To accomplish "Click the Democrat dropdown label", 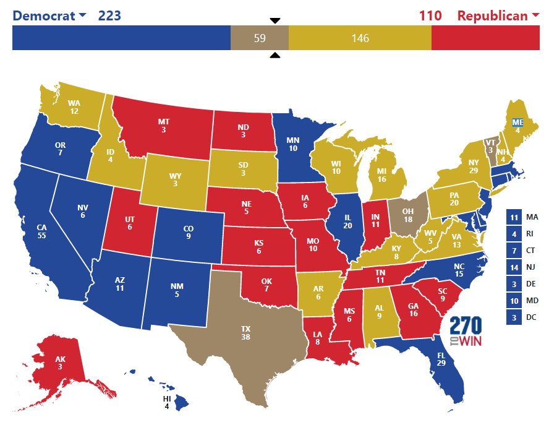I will tap(49, 15).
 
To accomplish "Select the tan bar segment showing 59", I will tap(260, 38).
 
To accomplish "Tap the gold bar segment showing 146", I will tap(360, 38).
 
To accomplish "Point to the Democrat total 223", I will tap(109, 15).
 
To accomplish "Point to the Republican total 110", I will tap(430, 15).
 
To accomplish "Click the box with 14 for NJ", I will tap(514, 268).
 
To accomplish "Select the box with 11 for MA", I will tap(514, 217).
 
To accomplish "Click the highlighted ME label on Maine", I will tap(517, 123).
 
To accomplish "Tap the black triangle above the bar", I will tap(275, 20).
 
